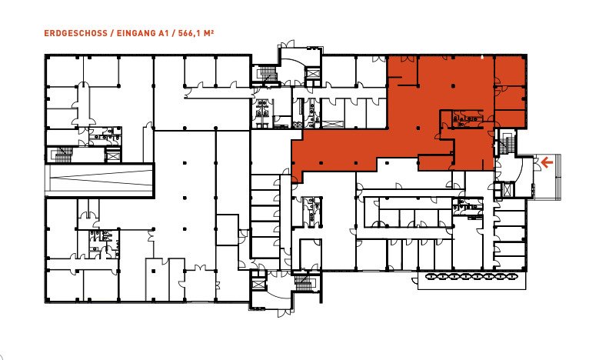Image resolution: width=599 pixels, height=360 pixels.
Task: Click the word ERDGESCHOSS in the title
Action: pos(75,33)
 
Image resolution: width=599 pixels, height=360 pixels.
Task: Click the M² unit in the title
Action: pos(208,33)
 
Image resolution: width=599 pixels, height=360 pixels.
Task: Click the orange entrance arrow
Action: pos(547,163)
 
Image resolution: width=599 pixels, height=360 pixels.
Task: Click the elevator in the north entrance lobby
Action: pos(312,74)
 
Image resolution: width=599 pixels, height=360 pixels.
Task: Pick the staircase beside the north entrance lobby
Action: pos(267,74)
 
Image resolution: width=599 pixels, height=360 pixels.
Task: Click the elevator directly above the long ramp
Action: pos(112,155)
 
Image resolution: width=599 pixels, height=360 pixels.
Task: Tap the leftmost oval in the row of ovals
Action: pos(430,276)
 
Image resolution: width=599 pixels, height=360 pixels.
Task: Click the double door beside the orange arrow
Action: pos(537,164)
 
